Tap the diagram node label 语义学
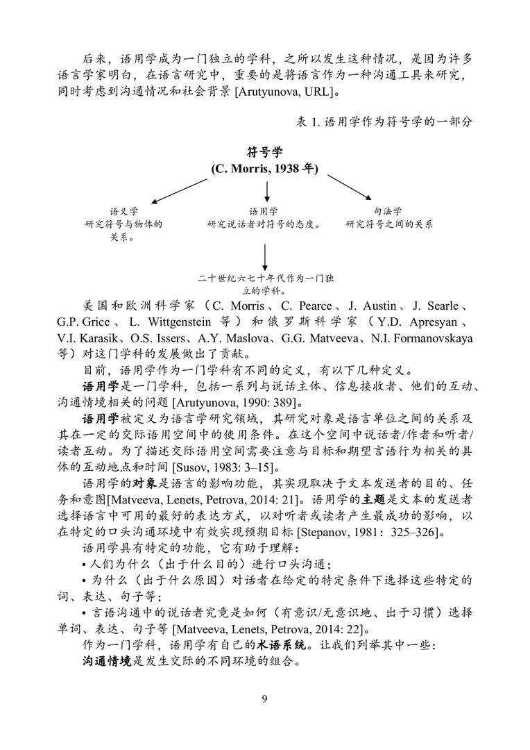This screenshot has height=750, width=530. point(123,211)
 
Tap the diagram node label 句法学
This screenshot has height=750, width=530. point(388,211)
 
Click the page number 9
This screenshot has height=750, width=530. point(264,699)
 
